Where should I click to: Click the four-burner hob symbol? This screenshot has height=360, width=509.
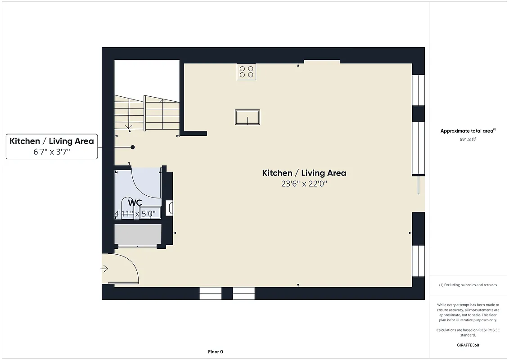tap(246, 72)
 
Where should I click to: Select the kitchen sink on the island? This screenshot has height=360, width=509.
tap(248, 117)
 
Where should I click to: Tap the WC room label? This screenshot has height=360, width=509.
tap(135, 203)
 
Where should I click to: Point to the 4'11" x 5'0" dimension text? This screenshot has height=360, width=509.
tap(137, 214)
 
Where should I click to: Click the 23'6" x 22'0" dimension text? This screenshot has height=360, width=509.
tap(304, 184)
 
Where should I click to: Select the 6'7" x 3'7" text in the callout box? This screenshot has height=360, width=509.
tap(52, 152)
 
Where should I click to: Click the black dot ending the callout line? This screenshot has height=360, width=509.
tap(133, 147)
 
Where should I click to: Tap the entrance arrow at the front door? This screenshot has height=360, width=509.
tap(104, 269)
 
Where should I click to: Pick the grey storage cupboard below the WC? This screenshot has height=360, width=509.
tap(138, 234)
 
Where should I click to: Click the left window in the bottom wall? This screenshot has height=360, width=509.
tap(211, 293)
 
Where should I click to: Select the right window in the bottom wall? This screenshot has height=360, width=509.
tap(244, 293)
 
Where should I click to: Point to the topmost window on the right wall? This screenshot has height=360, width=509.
tap(419, 90)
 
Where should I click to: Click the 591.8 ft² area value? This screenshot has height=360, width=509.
tap(468, 139)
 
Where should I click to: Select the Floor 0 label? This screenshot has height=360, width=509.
tap(216, 352)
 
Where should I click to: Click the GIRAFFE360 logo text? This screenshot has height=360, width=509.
tap(468, 345)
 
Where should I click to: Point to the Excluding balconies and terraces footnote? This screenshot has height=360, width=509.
tap(468, 285)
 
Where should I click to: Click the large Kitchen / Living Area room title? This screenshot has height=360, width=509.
tap(304, 173)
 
